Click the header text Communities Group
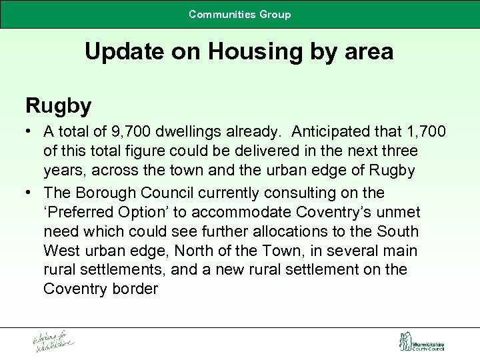pos(240,14)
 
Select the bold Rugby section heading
pos(58,105)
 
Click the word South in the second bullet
pos(398,231)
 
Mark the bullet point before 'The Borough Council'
pos(29,193)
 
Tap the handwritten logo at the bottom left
pos(54,341)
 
